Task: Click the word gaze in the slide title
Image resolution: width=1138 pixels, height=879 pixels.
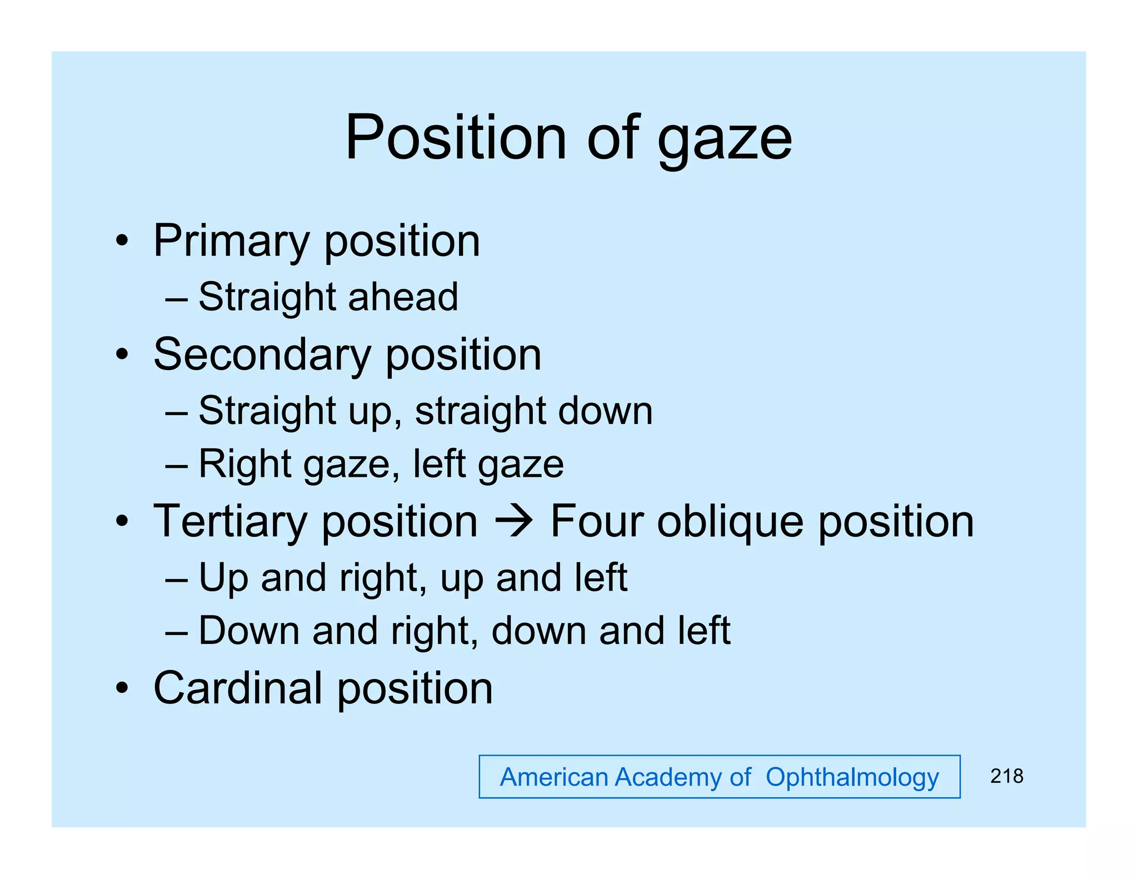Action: coord(725,140)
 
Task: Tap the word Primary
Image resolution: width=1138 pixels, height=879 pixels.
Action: coord(231,242)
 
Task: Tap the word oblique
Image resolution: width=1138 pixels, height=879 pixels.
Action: coord(730,522)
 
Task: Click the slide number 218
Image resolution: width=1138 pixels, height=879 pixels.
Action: coord(1006,776)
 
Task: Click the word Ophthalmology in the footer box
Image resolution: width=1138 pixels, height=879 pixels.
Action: coord(852,777)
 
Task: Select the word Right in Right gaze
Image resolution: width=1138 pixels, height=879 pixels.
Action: coord(244,465)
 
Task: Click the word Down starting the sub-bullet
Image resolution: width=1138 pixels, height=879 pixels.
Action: coord(249,631)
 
